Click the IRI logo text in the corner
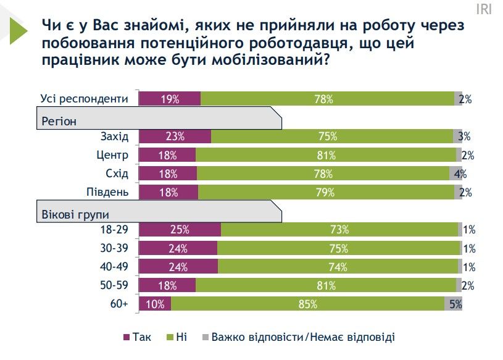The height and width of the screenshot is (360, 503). pos(484,10)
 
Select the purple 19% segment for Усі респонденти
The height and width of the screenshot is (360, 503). pos(169,99)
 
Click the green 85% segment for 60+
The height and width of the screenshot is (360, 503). pos(307,304)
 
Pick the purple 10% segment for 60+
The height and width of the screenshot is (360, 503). pos(155,304)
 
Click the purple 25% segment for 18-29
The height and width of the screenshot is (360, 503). pos(180,230)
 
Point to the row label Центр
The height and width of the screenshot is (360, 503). pos(113,155)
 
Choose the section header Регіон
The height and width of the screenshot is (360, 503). pos(59,121)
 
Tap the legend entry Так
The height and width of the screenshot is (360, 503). pos(137,337)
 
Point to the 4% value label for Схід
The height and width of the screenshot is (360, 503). pos(460,174)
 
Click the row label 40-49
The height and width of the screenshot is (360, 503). pos(114,267)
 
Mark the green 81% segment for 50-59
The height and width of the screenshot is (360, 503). pos(325,285)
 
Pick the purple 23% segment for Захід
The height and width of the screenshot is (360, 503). pos(175,136)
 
